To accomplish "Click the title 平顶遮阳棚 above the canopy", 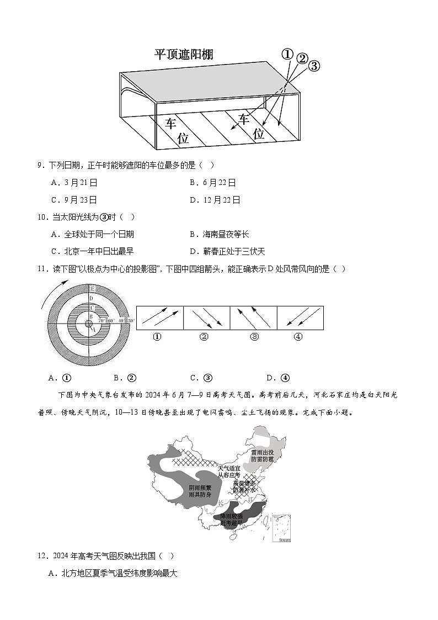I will click(184, 54).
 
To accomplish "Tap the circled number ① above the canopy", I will click(287, 54).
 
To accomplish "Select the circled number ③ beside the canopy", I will click(314, 66).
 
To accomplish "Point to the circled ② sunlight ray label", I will click(302, 59).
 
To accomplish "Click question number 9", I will click(40, 165).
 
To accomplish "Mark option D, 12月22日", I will click(215, 200).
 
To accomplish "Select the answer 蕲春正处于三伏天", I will click(227, 251).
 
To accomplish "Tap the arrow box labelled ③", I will click(253, 318).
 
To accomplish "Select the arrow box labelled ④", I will click(300, 318).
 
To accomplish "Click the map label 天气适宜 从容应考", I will click(228, 471).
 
